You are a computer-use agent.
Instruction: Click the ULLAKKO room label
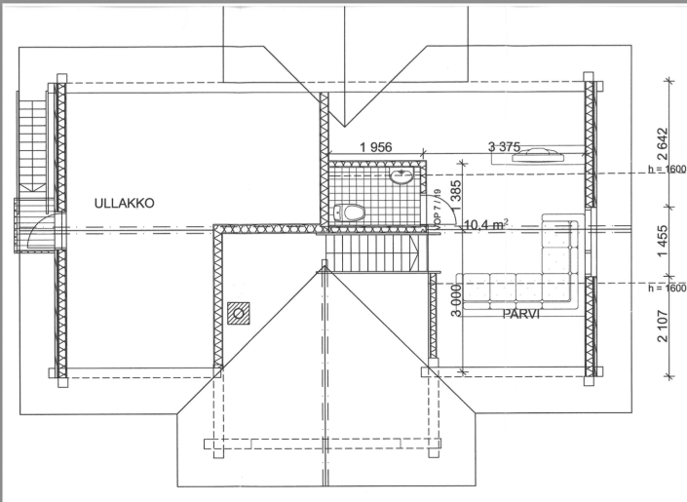(x=125, y=203)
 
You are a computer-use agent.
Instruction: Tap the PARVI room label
(x=522, y=316)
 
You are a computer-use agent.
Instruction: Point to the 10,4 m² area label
(x=483, y=224)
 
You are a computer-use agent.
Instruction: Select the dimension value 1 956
(x=375, y=147)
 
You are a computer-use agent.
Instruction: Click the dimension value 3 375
(x=505, y=147)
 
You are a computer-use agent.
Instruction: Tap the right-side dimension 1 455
(x=663, y=243)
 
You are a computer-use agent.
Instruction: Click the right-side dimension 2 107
(x=663, y=328)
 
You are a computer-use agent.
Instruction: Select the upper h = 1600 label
(x=667, y=169)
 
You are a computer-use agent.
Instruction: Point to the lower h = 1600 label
(x=667, y=289)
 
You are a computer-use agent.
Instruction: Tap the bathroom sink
(x=400, y=176)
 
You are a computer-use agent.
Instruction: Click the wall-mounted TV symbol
(x=538, y=153)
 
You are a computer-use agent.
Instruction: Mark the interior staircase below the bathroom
(x=375, y=255)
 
